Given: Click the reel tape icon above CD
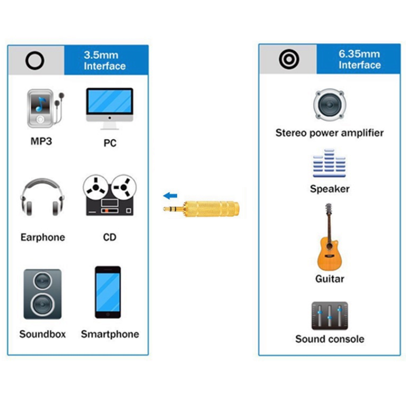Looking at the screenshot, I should tap(110, 196).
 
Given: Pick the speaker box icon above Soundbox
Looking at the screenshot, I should tap(43, 294).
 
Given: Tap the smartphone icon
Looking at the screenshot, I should tap(108, 292).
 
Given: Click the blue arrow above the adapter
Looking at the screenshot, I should tap(171, 195).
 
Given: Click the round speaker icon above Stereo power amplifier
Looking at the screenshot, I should tap(329, 106).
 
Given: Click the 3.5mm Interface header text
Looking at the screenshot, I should tap(105, 60).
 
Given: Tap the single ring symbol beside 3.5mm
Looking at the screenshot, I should tap(35, 60).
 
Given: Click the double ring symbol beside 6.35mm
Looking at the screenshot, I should tap(288, 59).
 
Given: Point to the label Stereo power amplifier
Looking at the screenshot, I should tap(329, 133).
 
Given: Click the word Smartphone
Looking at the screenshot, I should tap(110, 334).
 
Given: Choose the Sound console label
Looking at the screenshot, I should tap(330, 339).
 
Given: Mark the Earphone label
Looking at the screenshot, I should tap(43, 237).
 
